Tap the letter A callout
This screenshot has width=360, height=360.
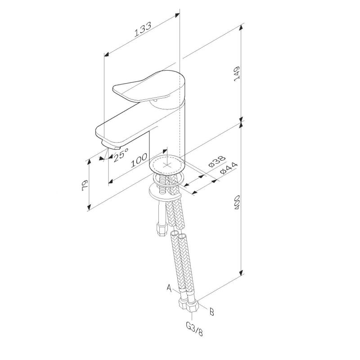pyautogui.click(x=170, y=287)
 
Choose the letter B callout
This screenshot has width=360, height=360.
pyautogui.click(x=212, y=310)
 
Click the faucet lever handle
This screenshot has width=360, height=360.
pyautogui.click(x=148, y=88)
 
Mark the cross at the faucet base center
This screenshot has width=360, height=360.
pyautogui.click(x=167, y=165)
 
